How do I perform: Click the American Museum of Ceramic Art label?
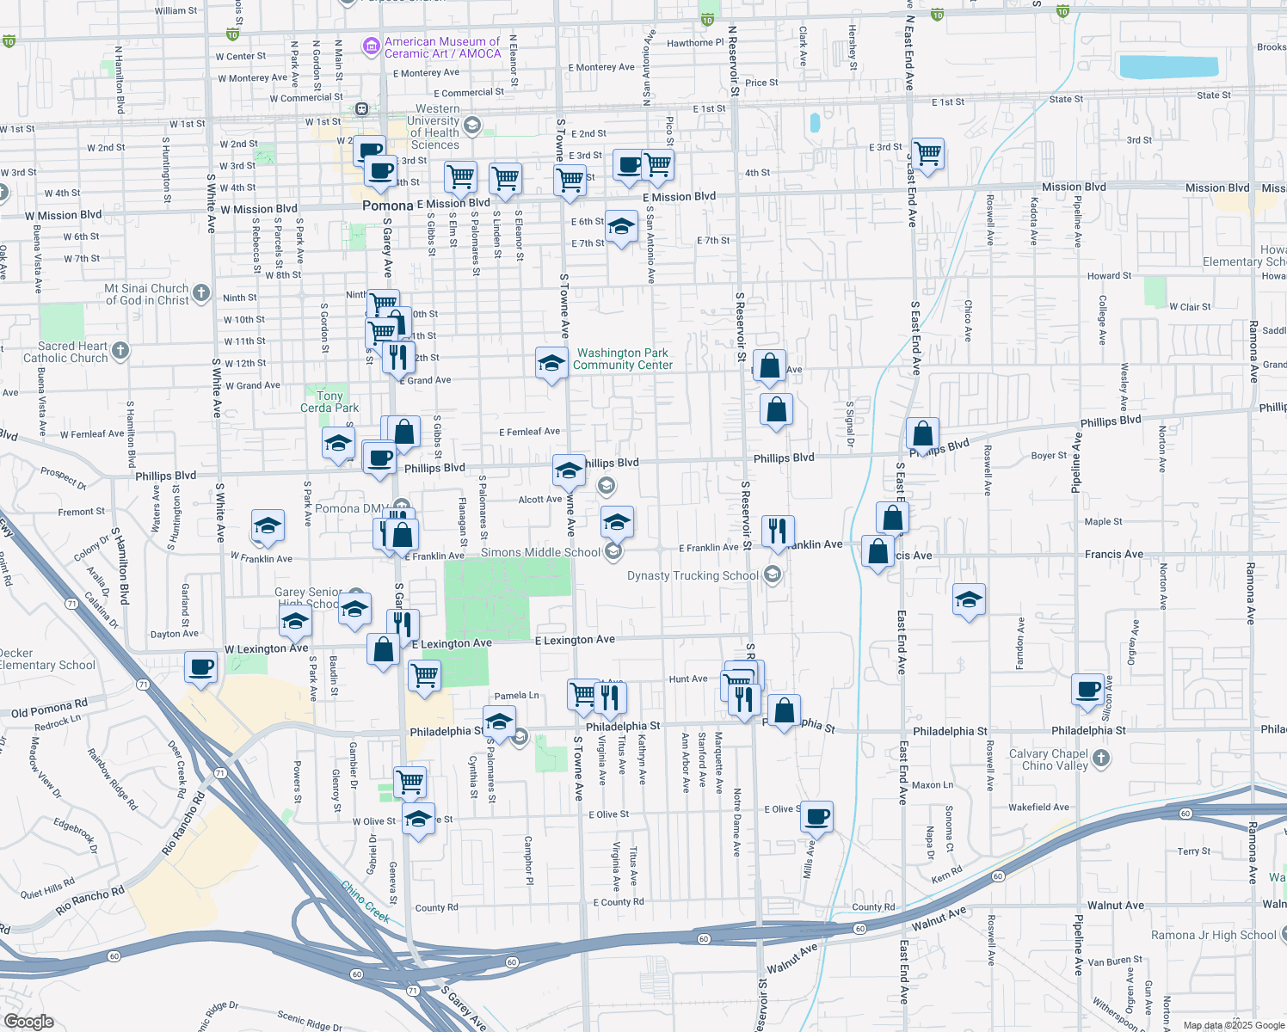pyautogui.click(x=442, y=47)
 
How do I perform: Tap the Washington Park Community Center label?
pyautogui.click(x=623, y=359)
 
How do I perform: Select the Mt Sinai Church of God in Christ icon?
pyautogui.click(x=200, y=293)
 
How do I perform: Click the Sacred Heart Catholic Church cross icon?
pyautogui.click(x=120, y=350)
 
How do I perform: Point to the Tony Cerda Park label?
pyautogui.click(x=329, y=402)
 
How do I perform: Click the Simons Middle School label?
pyautogui.click(x=540, y=552)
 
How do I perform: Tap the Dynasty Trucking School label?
pyautogui.click(x=693, y=575)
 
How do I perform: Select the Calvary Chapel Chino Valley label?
pyautogui.click(x=1048, y=759)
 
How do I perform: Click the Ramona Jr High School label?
pyautogui.click(x=1213, y=935)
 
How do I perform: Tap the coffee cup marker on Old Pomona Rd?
pyautogui.click(x=201, y=667)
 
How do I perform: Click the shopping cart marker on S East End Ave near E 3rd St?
pyautogui.click(x=928, y=155)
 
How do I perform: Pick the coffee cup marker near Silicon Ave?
pyautogui.click(x=1087, y=689)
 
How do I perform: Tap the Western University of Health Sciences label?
pyautogui.click(x=435, y=126)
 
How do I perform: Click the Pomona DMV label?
pyautogui.click(x=349, y=508)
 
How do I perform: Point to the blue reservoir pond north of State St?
pyautogui.click(x=1168, y=67)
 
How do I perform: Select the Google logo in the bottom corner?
pyautogui.click(x=28, y=1021)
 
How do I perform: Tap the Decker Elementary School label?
pyautogui.click(x=47, y=659)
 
